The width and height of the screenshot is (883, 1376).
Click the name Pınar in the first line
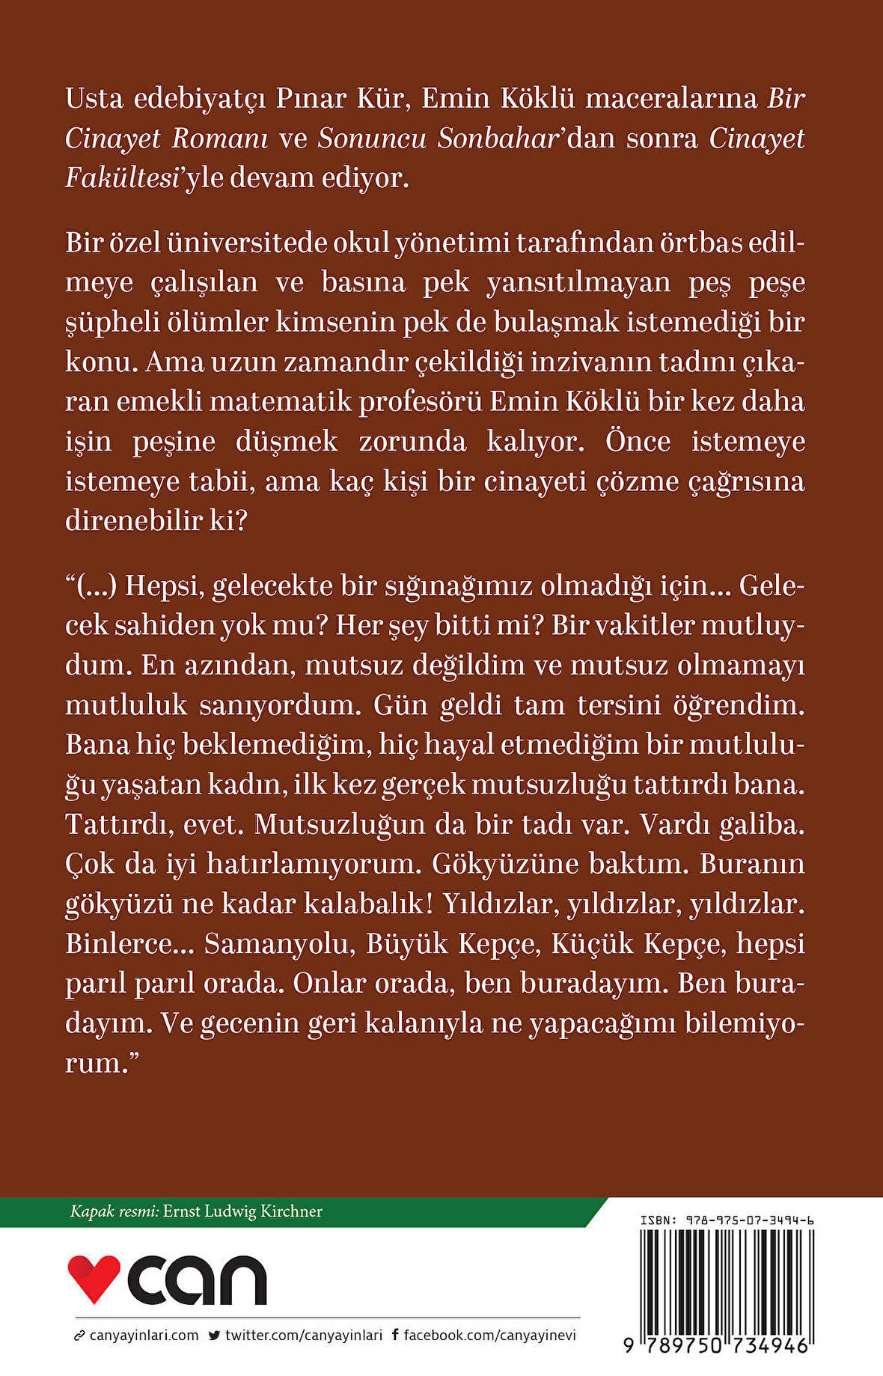coord(308,99)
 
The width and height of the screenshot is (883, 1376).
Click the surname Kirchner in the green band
coord(289,1211)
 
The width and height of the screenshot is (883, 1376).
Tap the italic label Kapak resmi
coord(114,1211)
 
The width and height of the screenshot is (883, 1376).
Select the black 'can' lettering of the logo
coord(197,1280)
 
